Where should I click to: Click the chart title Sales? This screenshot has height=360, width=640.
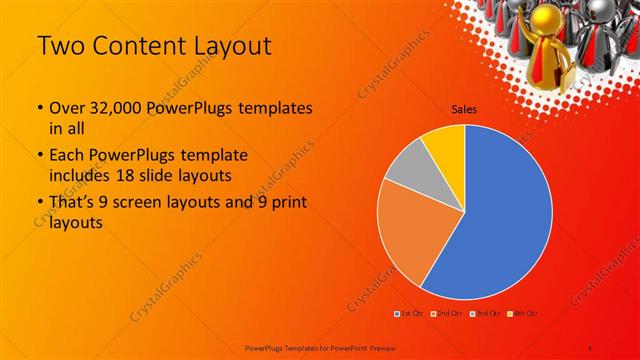464,110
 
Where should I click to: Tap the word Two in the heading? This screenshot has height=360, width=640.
61,47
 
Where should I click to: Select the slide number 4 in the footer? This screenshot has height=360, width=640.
591,346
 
